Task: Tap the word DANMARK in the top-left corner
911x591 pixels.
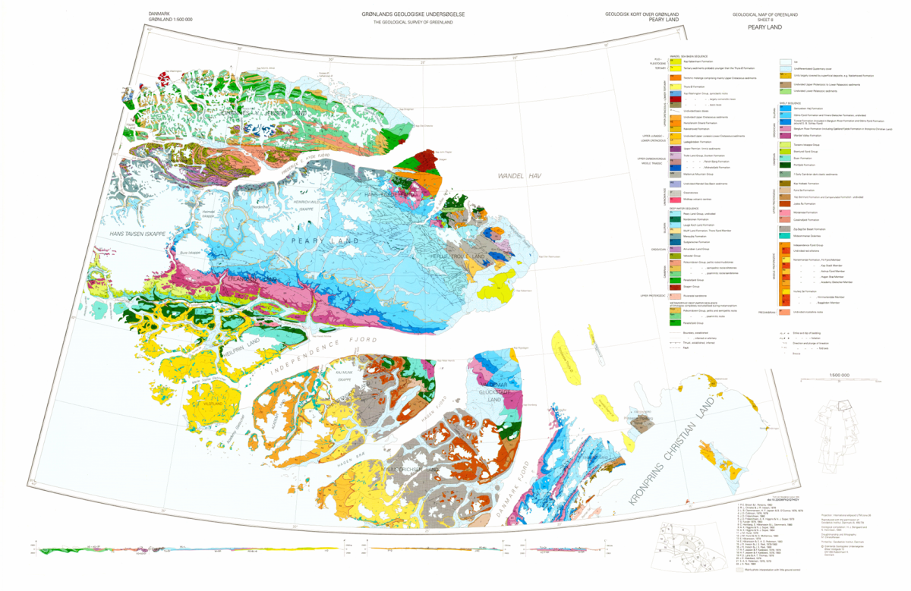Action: point(162,14)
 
